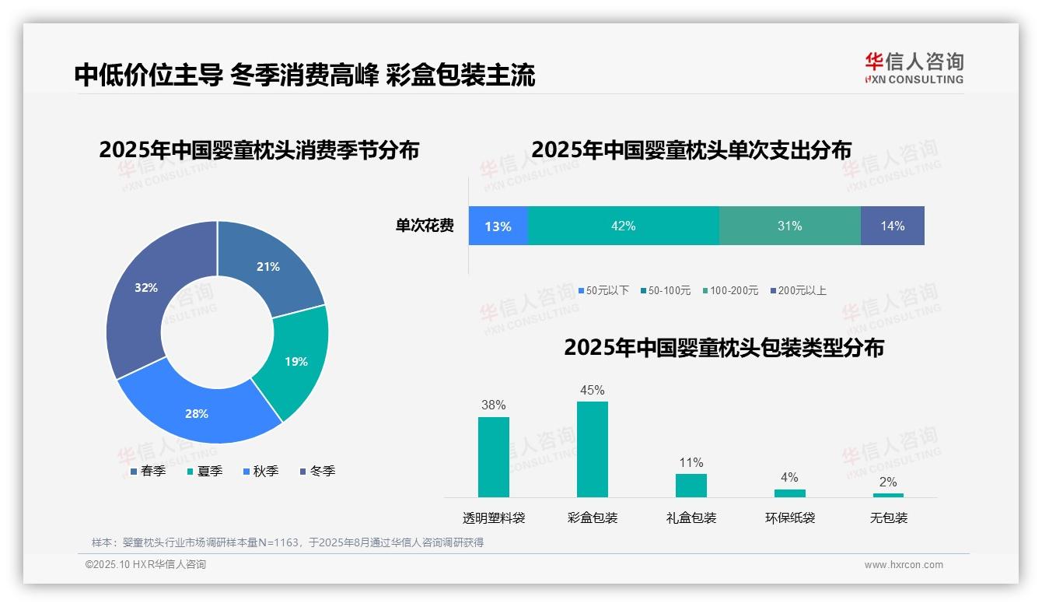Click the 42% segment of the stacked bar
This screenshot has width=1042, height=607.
tap(624, 226)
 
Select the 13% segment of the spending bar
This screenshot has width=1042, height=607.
tap(498, 226)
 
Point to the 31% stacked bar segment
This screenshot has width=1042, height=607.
tap(789, 226)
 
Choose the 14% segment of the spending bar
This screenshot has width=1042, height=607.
tap(893, 226)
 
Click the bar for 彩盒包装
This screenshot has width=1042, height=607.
tap(593, 449)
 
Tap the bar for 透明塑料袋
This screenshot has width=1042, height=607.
tap(494, 457)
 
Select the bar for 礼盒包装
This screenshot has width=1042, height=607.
tap(691, 485)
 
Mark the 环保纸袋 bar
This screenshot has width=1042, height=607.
tap(790, 493)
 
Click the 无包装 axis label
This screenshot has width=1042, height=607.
tap(889, 518)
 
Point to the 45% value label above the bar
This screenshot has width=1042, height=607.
tap(593, 390)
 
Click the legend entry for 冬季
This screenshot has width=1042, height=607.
tap(317, 471)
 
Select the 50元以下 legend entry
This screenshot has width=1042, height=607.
tap(603, 290)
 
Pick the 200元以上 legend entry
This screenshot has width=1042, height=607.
tap(798, 290)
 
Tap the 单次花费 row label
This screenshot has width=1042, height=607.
tap(425, 226)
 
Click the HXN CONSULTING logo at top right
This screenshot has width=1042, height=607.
tap(914, 68)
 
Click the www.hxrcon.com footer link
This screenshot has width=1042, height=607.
tap(904, 564)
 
